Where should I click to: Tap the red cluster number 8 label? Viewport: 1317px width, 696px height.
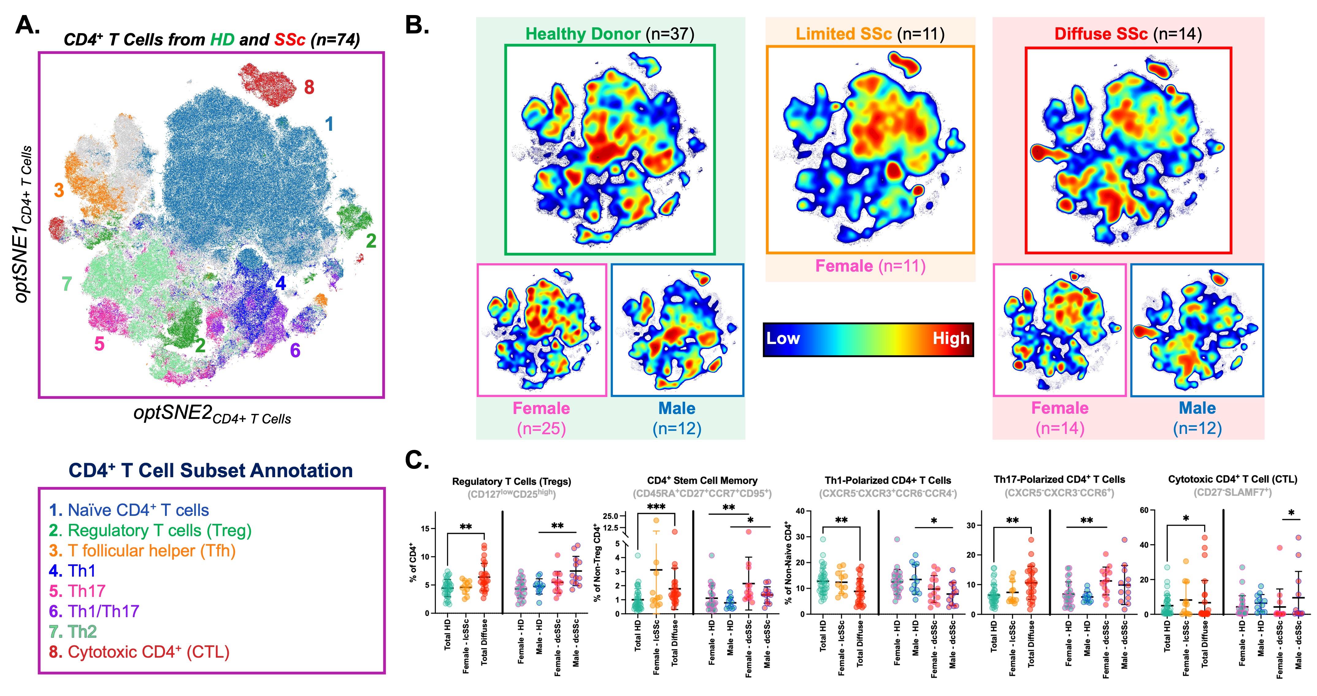pyautogui.click(x=309, y=87)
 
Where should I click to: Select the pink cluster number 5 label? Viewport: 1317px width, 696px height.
pyautogui.click(x=99, y=344)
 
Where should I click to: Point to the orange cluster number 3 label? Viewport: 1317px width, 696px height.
pyautogui.click(x=59, y=190)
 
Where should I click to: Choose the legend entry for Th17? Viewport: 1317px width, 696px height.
pyautogui.click(x=77, y=591)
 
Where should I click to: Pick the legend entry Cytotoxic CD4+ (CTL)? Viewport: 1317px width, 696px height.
pyautogui.click(x=139, y=652)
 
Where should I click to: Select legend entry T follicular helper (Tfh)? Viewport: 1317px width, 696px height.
pyautogui.click(x=142, y=551)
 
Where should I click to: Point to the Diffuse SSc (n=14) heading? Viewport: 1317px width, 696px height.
pyautogui.click(x=1128, y=34)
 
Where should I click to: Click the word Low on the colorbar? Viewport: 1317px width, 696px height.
pyautogui.click(x=783, y=338)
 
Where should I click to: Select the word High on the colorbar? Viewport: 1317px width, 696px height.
pyautogui.click(x=951, y=338)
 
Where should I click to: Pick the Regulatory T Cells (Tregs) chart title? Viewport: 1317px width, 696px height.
pyautogui.click(x=511, y=481)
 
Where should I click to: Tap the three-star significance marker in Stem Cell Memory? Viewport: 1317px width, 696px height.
pyautogui.click(x=656, y=507)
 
